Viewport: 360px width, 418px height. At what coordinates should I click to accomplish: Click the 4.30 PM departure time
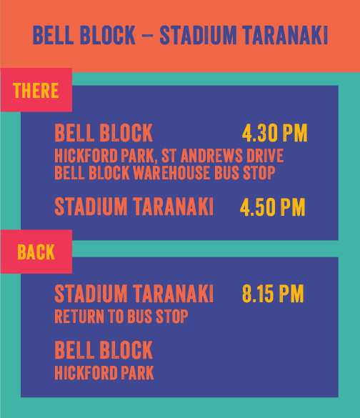coord(274,133)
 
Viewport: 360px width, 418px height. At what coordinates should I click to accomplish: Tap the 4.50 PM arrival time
coord(272,207)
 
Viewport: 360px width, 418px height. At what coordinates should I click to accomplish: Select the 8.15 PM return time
coord(273,294)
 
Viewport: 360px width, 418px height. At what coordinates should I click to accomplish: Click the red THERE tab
coord(36,90)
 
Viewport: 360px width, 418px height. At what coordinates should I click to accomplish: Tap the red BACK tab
coord(36,252)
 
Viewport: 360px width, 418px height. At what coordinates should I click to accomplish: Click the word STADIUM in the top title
coord(198,35)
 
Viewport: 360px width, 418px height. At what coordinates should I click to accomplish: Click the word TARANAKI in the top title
coord(285,35)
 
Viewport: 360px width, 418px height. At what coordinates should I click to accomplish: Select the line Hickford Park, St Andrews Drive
coord(169,156)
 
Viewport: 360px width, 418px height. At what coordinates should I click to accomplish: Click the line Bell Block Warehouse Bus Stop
coord(165,172)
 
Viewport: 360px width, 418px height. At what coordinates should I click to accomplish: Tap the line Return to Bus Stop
coord(121,316)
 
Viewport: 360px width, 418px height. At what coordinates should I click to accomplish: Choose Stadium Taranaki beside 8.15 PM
coord(134,293)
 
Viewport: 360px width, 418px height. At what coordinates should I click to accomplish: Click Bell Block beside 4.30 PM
coord(104,132)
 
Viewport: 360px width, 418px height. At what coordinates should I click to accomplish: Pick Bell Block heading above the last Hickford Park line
coord(104,349)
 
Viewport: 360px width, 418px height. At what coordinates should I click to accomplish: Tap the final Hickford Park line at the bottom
coord(104,372)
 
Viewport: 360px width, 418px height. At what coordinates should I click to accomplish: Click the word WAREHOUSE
coord(171,172)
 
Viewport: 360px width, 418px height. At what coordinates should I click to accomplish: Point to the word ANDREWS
coord(211,156)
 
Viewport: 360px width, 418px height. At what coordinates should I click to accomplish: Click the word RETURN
coord(79,316)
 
